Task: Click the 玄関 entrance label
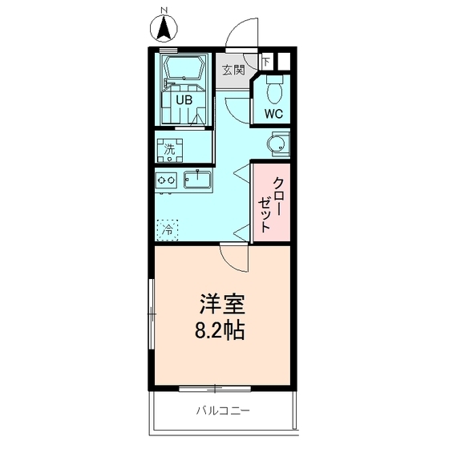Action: click(x=233, y=70)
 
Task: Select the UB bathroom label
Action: click(x=184, y=101)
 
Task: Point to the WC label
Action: click(x=274, y=113)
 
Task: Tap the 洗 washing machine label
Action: click(x=169, y=148)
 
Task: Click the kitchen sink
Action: click(x=197, y=180)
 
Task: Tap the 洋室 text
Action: click(x=221, y=305)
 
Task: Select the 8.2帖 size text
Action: click(x=221, y=329)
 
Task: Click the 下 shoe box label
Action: click(x=266, y=62)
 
